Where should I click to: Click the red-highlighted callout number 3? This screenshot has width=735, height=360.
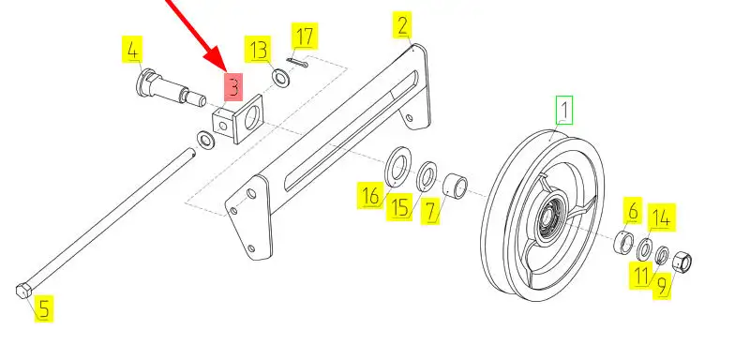233,86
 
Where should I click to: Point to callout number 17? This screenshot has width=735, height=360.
304,36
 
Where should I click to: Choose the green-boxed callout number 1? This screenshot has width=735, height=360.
564,111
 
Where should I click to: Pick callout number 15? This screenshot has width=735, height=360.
399,206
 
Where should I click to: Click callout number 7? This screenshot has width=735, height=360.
429,212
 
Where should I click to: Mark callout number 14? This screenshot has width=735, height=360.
662,217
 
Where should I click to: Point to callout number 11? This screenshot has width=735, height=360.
641,276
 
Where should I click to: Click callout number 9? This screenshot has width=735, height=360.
662,286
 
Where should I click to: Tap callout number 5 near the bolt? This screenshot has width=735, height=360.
43,308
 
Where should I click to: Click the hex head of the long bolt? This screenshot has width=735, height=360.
23,291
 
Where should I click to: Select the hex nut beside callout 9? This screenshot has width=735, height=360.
682,262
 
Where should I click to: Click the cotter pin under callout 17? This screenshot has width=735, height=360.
297,62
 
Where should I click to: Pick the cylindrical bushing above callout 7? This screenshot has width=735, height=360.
456,184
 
